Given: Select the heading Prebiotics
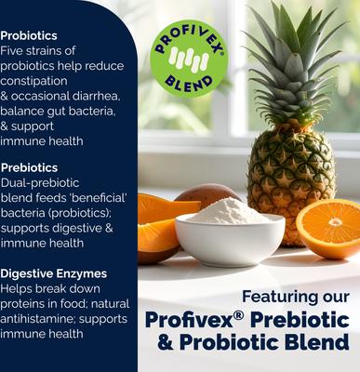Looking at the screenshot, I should coord(30,168).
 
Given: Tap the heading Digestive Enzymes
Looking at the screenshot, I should coord(53,273).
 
